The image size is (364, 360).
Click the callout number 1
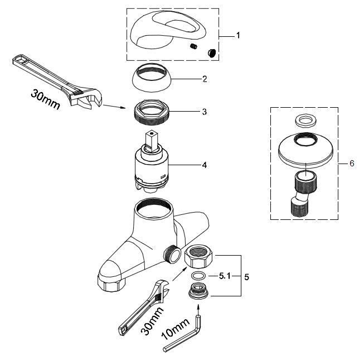coord(238,35)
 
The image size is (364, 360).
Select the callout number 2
coord(205,79)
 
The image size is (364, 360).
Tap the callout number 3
coord(205,112)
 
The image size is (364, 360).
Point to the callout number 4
coord(205,165)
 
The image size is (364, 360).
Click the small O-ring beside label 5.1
coord(198,276)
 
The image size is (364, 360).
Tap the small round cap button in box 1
coord(211,52)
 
